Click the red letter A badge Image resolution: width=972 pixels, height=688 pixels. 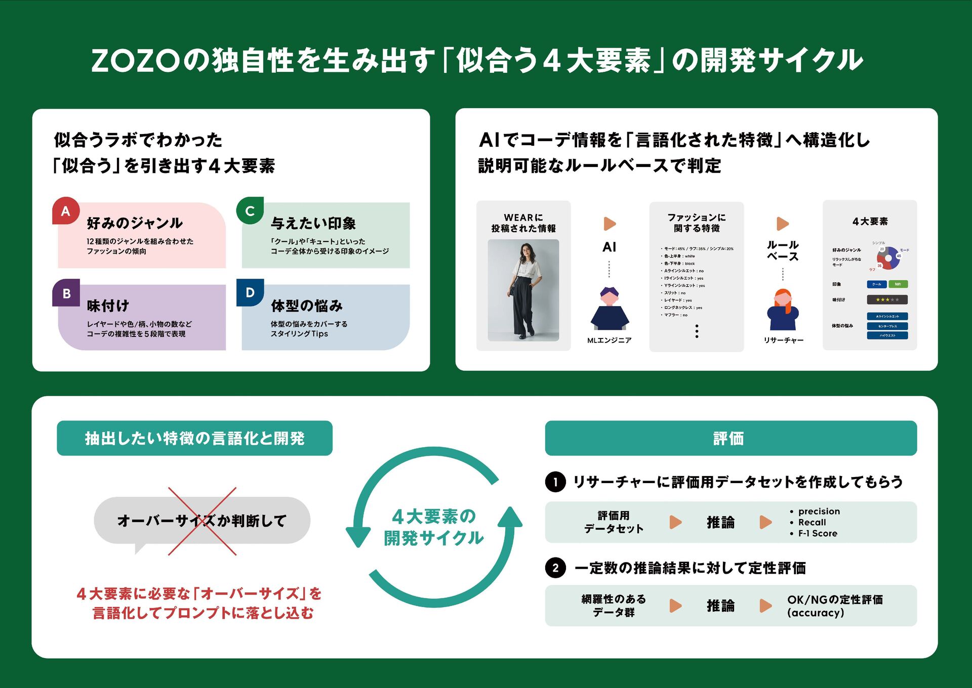[x=66, y=211]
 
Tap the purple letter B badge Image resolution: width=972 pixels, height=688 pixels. [x=66, y=293]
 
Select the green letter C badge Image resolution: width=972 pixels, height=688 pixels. [x=250, y=210]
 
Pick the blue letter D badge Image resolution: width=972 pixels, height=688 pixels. [x=250, y=292]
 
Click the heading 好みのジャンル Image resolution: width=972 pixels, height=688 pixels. [x=135, y=223]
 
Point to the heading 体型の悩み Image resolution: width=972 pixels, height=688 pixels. [x=307, y=306]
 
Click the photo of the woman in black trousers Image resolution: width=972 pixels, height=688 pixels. [x=523, y=290]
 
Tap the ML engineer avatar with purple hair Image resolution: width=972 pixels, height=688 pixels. [x=610, y=309]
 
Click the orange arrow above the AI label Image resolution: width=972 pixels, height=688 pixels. [x=610, y=224]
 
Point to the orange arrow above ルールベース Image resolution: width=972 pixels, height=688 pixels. [x=783, y=224]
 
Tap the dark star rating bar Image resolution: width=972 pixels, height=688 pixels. [x=887, y=299]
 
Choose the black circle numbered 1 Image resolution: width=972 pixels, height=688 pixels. [x=555, y=482]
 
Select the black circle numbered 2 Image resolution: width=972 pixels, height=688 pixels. [x=555, y=568]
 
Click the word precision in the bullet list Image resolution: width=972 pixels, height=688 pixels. [x=819, y=511]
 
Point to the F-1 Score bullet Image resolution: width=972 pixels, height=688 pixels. [x=817, y=533]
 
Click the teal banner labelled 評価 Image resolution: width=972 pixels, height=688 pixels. [x=731, y=438]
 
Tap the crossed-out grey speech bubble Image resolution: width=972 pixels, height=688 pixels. [x=202, y=521]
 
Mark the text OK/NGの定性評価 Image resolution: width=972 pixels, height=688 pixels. [x=835, y=600]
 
